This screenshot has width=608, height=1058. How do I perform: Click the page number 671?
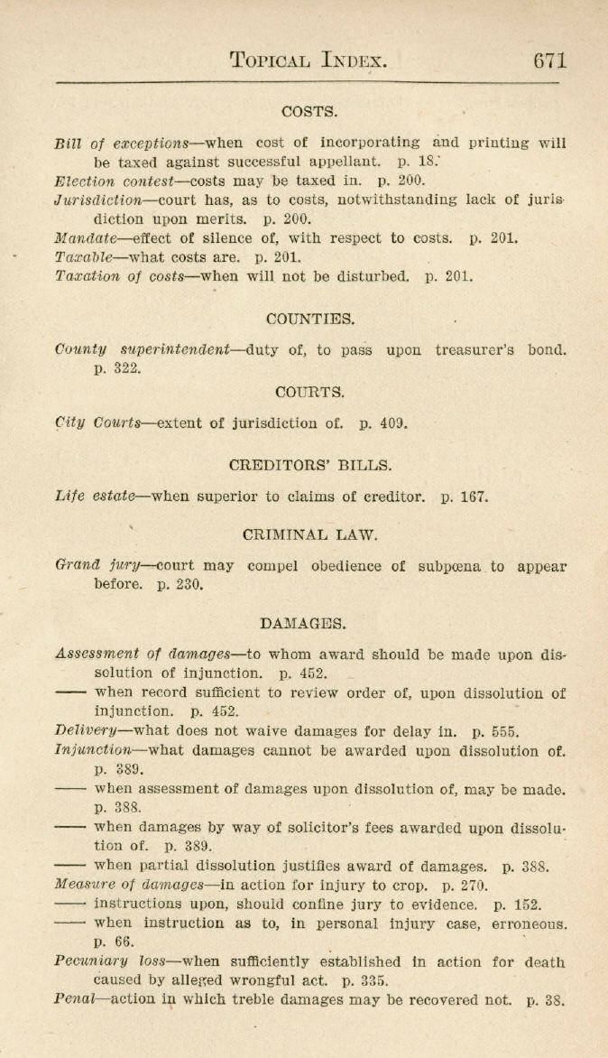(549, 60)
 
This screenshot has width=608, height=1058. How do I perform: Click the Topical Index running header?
(309, 61)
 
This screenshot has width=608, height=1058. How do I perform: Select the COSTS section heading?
(309, 112)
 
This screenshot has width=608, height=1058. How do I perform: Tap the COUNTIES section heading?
(310, 319)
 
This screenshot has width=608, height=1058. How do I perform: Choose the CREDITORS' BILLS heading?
(310, 466)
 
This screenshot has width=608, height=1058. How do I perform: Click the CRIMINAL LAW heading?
(310, 534)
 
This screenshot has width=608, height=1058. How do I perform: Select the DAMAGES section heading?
(303, 623)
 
